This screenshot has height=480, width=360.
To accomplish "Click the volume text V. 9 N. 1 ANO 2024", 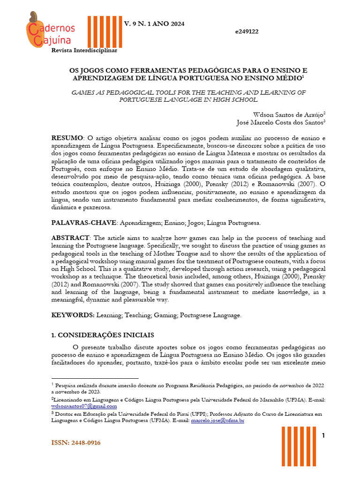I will tap(154, 23).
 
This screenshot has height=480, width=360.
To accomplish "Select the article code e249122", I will tap(247, 31).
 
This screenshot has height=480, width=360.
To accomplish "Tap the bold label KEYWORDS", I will tap(73, 315).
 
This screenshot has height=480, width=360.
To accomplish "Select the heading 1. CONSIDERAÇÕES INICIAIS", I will tap(102, 336).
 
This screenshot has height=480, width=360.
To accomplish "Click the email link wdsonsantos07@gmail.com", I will tap(84, 406).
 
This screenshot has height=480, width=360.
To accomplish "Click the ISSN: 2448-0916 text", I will tap(76, 443).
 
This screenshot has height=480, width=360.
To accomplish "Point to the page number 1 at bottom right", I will tap(323, 436).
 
